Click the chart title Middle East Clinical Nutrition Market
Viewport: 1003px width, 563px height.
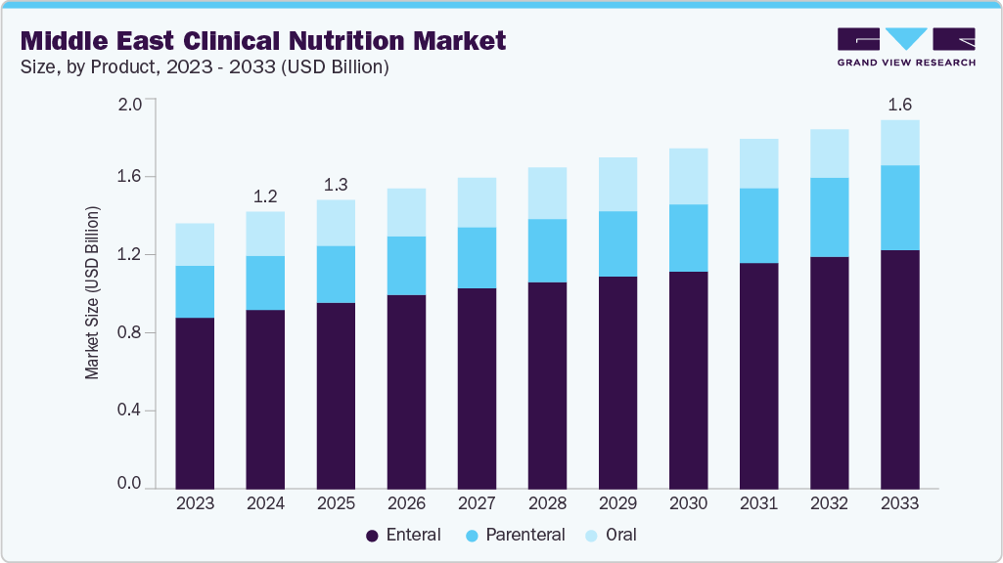pos(263,40)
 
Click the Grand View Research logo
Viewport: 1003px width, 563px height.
pos(906,47)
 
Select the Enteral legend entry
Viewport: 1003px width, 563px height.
pos(403,535)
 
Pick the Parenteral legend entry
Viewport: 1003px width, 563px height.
pos(515,535)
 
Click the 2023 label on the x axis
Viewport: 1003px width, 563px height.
pos(195,504)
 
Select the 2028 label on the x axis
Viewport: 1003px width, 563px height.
pos(547,504)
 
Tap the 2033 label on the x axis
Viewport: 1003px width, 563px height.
pos(899,504)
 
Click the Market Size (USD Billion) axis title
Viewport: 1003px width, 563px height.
pos(92,293)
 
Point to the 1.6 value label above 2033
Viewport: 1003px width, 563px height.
pos(899,104)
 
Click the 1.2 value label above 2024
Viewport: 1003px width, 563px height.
pos(265,195)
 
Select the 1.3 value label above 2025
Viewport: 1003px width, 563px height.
pos(336,184)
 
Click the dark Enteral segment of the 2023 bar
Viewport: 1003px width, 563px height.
pos(195,402)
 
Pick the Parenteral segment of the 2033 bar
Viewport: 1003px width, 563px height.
pos(899,207)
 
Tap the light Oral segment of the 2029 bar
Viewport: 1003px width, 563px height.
pos(617,184)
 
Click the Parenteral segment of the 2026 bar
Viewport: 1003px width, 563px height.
pos(406,265)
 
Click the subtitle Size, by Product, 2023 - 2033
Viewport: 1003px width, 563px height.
pos(205,67)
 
